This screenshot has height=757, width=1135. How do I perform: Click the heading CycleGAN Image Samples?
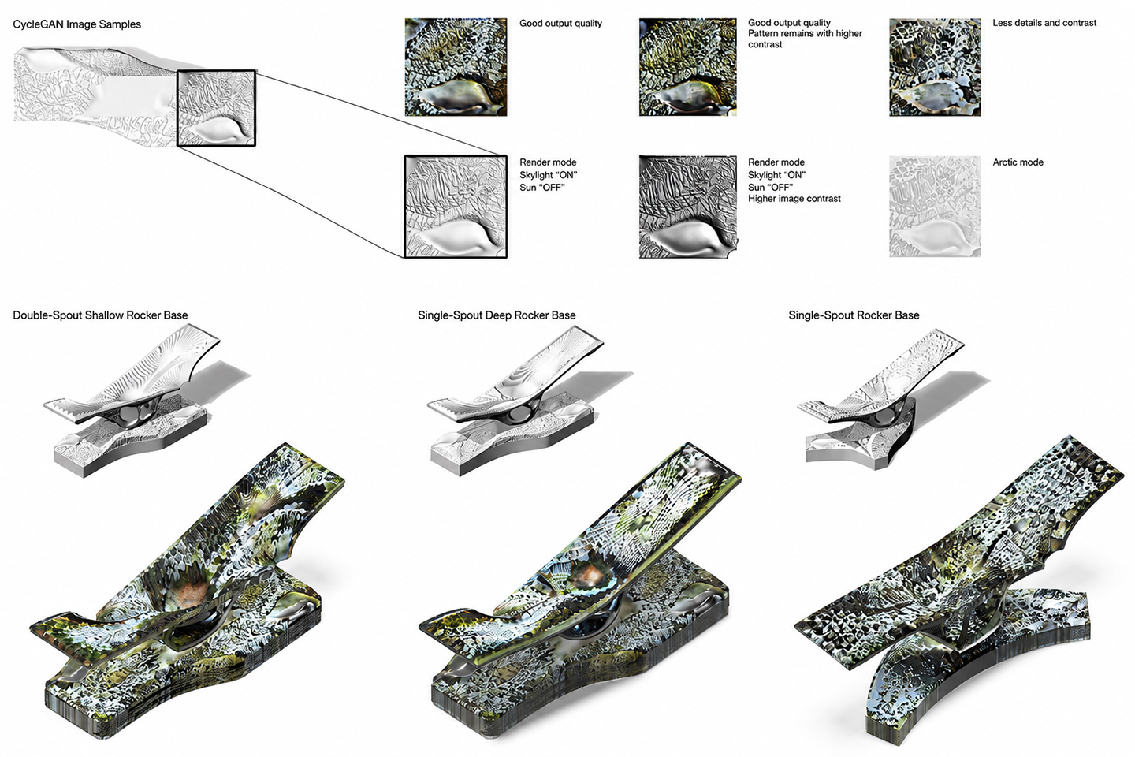(77, 24)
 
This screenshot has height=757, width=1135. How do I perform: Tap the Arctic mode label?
(1018, 162)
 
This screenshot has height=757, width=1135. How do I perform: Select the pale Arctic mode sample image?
(935, 207)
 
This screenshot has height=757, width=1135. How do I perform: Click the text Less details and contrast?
(1044, 23)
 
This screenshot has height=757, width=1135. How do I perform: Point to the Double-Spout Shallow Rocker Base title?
(100, 315)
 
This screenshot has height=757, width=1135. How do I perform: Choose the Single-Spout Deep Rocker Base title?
(497, 315)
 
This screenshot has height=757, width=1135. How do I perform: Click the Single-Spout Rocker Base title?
(854, 315)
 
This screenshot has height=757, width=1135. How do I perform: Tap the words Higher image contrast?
(794, 199)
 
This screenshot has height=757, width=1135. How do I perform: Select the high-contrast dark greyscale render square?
(687, 207)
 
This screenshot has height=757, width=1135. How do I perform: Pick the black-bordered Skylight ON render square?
(456, 207)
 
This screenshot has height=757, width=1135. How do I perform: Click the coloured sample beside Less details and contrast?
(935, 68)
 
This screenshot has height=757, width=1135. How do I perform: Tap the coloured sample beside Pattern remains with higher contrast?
(687, 68)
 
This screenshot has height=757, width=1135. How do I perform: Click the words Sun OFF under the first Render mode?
(542, 188)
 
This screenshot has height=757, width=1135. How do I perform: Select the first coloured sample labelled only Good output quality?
(456, 68)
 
